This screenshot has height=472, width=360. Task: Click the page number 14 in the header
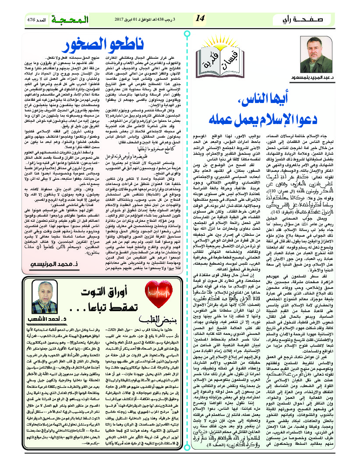[200, 19]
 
